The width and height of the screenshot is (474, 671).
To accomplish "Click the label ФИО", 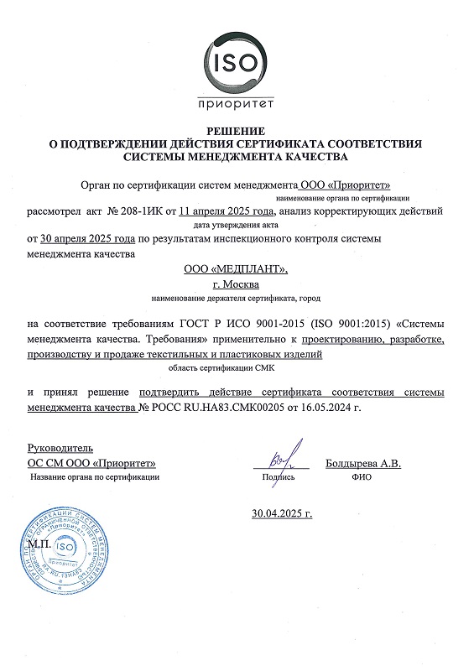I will click(x=362, y=476).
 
